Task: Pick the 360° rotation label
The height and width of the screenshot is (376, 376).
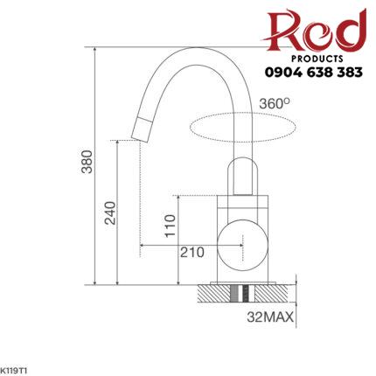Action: click(274, 103)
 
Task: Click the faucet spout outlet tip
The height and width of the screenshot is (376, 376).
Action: click(138, 131)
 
